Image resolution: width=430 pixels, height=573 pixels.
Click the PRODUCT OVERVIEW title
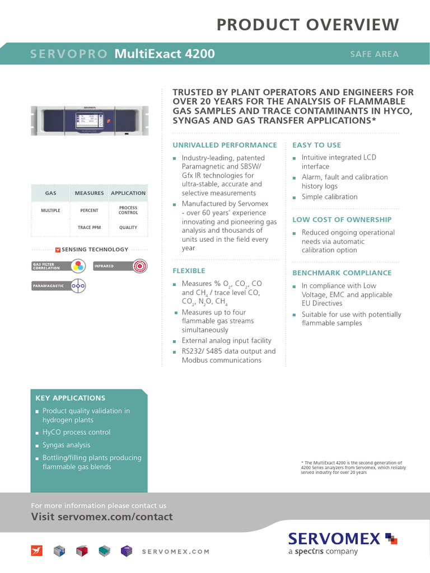pyautogui.click(x=307, y=25)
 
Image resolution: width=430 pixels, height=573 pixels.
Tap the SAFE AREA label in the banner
pyautogui.click(x=374, y=54)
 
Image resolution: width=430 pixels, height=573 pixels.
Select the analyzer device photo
pyautogui.click(x=90, y=121)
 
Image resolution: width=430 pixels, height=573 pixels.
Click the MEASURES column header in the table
pyautogui.click(x=90, y=193)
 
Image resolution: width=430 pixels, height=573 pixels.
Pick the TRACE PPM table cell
pyautogui.click(x=90, y=228)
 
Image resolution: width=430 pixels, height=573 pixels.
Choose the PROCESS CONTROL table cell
pyautogui.click(x=128, y=210)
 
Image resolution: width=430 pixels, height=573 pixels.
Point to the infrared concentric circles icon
pyautogui.click(x=139, y=266)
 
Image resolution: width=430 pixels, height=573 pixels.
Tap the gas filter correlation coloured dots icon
pyautogui.click(x=78, y=266)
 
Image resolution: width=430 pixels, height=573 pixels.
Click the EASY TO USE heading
pyautogui.click(x=316, y=145)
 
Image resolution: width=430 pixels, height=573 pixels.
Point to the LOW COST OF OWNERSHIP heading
pyautogui.click(x=342, y=219)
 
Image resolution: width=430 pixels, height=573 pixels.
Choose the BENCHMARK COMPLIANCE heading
pyautogui.click(x=342, y=273)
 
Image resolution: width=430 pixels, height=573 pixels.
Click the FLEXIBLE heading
pyautogui.click(x=189, y=271)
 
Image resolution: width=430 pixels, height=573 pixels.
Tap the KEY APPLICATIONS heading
pyautogui.click(x=71, y=398)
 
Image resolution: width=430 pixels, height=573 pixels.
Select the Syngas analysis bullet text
pyautogui.click(x=66, y=445)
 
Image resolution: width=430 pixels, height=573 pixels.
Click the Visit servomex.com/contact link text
pyautogui.click(x=102, y=516)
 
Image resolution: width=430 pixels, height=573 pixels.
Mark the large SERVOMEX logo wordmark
pyautogui.click(x=335, y=538)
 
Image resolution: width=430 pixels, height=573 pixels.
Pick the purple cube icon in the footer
pyautogui.click(x=127, y=551)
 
